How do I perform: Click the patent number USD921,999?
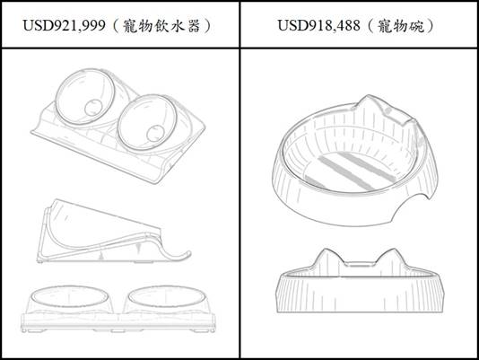pyautogui.click(x=65, y=25)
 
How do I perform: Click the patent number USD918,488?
pyautogui.click(x=318, y=25)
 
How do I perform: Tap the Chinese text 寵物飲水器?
pyautogui.click(x=161, y=26)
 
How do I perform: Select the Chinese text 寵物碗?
pyautogui.click(x=400, y=26)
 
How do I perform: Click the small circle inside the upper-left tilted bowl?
pyautogui.click(x=93, y=108)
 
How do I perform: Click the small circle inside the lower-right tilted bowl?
pyautogui.click(x=155, y=134)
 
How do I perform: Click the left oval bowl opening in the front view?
pyautogui.click(x=70, y=297)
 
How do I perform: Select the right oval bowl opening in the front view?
pyautogui.click(x=166, y=297)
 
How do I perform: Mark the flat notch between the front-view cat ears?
pyautogui.click(x=361, y=263)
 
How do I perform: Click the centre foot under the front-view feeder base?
pyautogui.click(x=118, y=330)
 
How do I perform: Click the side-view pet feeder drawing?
pyautogui.click(x=114, y=231)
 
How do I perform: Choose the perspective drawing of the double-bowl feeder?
pyautogui.click(x=118, y=126)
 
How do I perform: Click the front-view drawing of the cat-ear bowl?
pyautogui.click(x=361, y=280)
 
